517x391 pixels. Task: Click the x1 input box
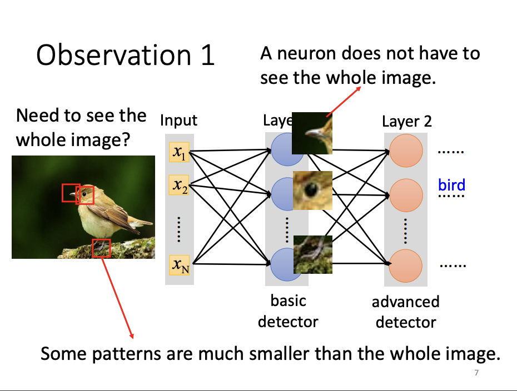click(179, 152)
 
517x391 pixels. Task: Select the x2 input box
click(179, 186)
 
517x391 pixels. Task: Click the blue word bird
click(451, 184)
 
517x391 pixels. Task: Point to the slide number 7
click(476, 373)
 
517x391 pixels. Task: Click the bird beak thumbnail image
click(312, 133)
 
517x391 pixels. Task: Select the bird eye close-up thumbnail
click(312, 190)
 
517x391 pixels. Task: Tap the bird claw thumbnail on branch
click(312, 254)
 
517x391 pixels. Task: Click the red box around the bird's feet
click(101, 248)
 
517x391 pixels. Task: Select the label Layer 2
click(406, 121)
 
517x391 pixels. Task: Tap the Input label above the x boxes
click(178, 120)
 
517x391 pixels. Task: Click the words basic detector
click(288, 310)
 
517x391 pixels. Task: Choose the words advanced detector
click(406, 312)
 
